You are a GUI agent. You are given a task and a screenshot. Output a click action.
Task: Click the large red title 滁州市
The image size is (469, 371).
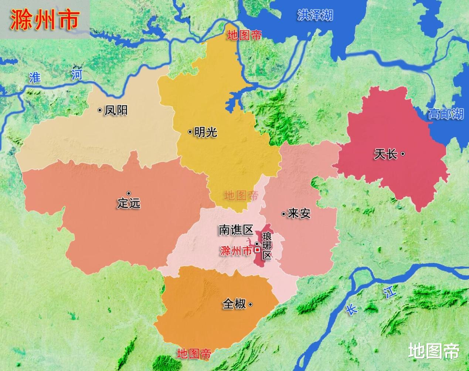pos(45,19)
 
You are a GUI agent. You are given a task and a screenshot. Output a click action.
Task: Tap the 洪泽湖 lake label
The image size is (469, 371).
pos(315,15)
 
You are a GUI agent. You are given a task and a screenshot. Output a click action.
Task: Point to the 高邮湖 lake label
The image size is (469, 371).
pos(446,114)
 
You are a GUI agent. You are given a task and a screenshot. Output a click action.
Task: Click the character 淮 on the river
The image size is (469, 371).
pos(35,78)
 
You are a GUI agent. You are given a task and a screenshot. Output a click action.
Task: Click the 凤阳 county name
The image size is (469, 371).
pos(116,110)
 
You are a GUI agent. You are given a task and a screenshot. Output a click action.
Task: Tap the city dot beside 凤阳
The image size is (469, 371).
pos(100,110)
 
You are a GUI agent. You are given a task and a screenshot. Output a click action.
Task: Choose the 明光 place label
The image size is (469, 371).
pos(205,132)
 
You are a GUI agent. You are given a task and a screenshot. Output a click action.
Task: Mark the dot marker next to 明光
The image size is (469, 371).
pos(190,132)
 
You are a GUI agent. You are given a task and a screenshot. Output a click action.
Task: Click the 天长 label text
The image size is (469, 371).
pos(385,154)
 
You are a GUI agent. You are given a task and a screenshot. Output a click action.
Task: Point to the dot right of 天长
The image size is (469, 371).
pos(403,154)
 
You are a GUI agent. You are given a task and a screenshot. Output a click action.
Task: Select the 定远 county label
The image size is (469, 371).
pos(129,203)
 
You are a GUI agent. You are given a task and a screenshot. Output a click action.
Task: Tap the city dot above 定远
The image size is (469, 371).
pos(129,193)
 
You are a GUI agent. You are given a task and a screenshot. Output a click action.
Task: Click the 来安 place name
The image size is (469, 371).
pos(299,213)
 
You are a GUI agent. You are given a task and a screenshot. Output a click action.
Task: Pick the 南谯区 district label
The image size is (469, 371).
pos(236,230)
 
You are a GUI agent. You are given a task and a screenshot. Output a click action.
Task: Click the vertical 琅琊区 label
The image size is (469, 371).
pos(266,245)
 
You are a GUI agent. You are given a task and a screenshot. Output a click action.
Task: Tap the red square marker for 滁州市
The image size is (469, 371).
pos(257,250)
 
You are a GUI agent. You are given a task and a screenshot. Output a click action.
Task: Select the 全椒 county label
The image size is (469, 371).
pos(234,304)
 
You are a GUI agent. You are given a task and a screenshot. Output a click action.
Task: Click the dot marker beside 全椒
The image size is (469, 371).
pos(251,305)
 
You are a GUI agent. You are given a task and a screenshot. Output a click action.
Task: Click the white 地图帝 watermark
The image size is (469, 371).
pos(434,351)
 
